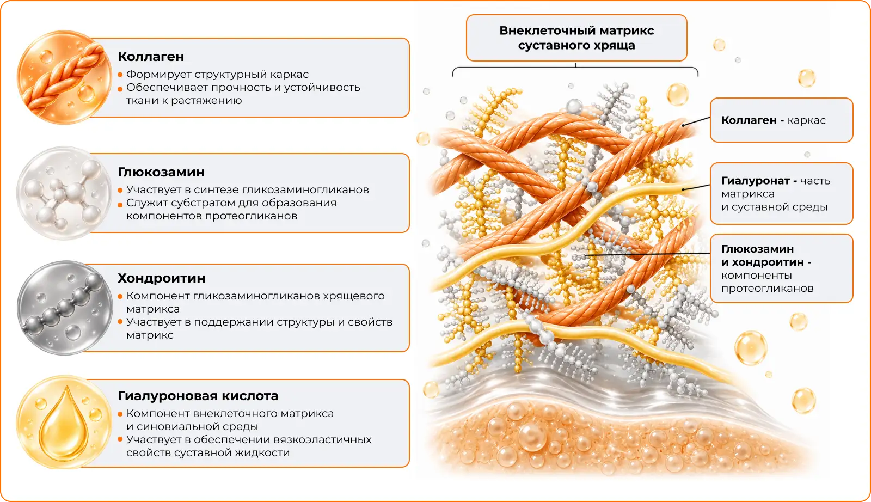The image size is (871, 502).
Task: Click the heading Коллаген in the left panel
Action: point(151,57)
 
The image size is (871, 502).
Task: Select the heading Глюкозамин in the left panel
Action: point(161,172)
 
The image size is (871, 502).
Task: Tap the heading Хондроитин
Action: point(161,278)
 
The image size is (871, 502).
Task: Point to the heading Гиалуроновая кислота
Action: point(198,396)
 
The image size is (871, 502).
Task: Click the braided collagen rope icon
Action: point(64,77)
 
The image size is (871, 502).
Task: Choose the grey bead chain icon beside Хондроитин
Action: point(64,308)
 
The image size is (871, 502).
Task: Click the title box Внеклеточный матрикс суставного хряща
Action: point(576,38)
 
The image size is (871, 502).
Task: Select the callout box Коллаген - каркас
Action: point(782,120)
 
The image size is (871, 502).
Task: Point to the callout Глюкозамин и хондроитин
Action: point(782,268)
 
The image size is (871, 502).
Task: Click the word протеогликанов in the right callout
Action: point(768,289)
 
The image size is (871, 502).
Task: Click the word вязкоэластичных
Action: point(322,440)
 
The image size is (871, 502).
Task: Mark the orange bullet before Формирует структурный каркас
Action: point(120,75)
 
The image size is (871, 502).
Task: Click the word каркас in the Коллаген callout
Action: point(806,120)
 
